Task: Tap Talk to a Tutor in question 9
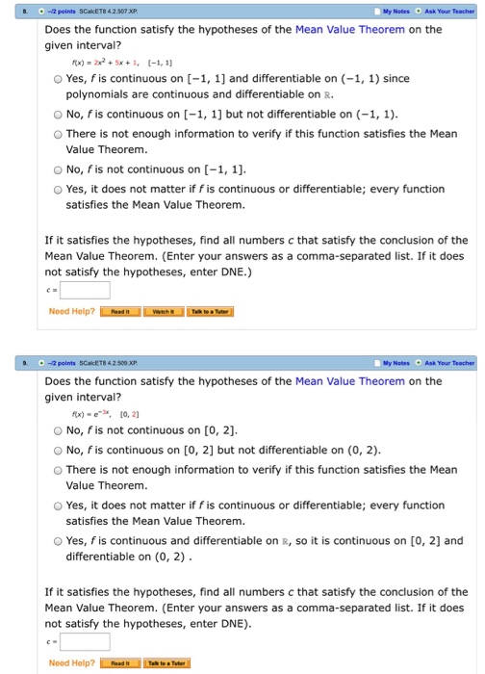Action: click(x=167, y=663)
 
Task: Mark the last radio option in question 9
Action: click(x=59, y=541)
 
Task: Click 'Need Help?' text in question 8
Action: click(x=72, y=312)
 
